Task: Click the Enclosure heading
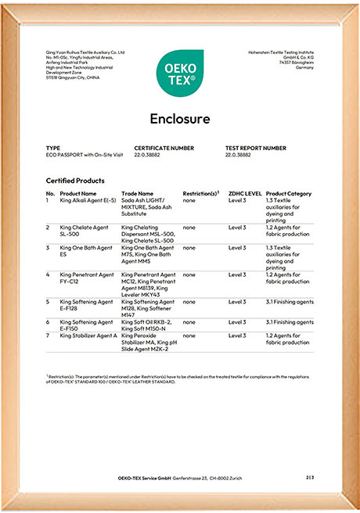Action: click(180, 119)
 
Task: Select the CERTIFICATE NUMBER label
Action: click(164, 148)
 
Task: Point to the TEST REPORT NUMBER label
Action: click(256, 148)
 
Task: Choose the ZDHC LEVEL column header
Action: click(245, 193)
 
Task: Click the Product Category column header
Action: click(289, 193)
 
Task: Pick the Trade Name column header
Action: click(139, 193)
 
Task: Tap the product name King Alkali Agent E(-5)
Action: click(88, 200)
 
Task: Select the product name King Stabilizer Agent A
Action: click(88, 335)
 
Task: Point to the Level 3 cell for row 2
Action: click(237, 227)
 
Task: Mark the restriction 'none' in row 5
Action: click(189, 301)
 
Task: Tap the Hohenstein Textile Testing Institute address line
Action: click(279, 53)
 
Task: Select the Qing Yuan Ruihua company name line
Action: click(85, 53)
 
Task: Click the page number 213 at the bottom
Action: click(310, 477)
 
